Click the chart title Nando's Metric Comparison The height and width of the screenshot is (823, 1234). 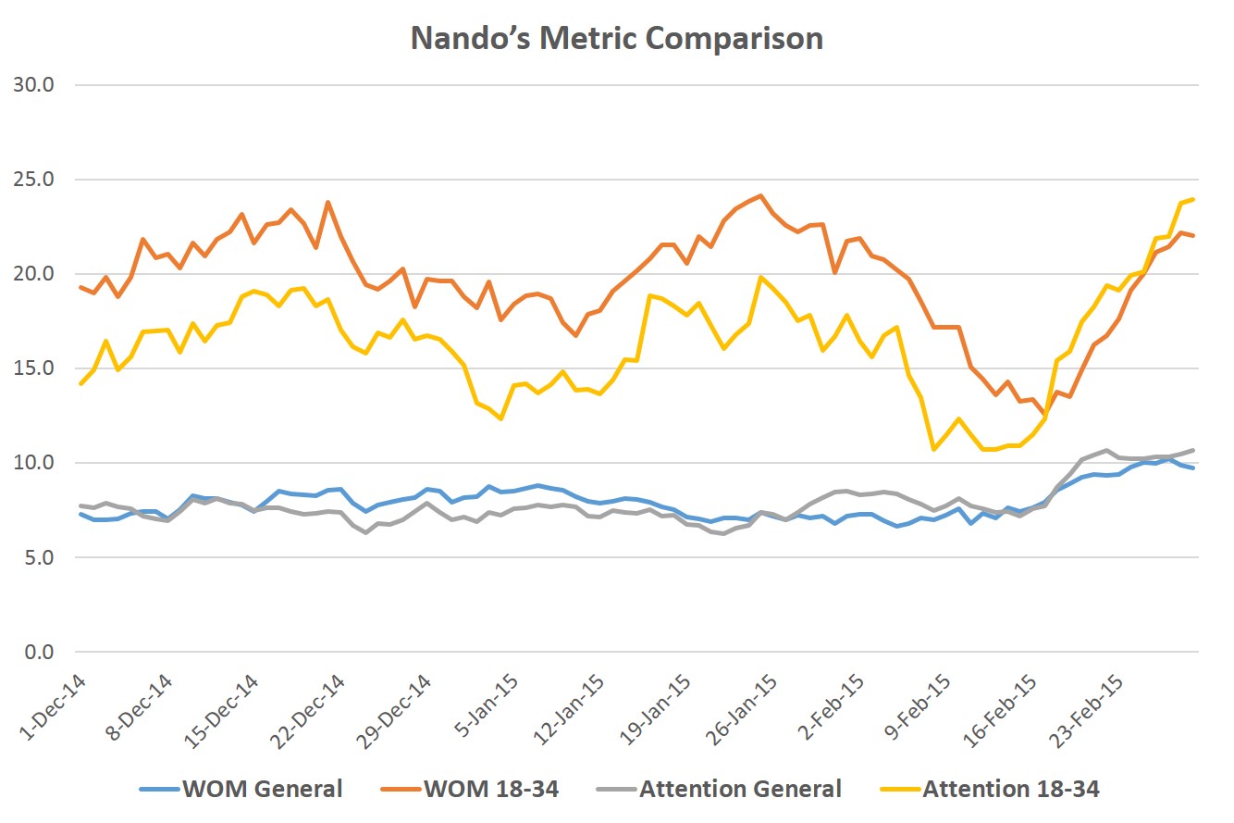point(616,39)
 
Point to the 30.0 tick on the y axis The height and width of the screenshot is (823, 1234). point(35,85)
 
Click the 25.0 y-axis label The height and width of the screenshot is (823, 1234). point(35,180)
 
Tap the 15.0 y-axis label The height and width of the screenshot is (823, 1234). point(35,368)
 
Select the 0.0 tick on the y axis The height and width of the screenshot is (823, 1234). point(39,652)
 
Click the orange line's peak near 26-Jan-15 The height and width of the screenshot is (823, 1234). point(760,195)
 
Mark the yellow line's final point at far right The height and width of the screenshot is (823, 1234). point(1193,199)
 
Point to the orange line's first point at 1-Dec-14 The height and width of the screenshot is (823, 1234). point(80,287)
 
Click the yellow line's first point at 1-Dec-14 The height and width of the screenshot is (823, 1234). point(80,383)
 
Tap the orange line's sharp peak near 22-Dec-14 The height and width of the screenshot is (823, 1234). point(327,202)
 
